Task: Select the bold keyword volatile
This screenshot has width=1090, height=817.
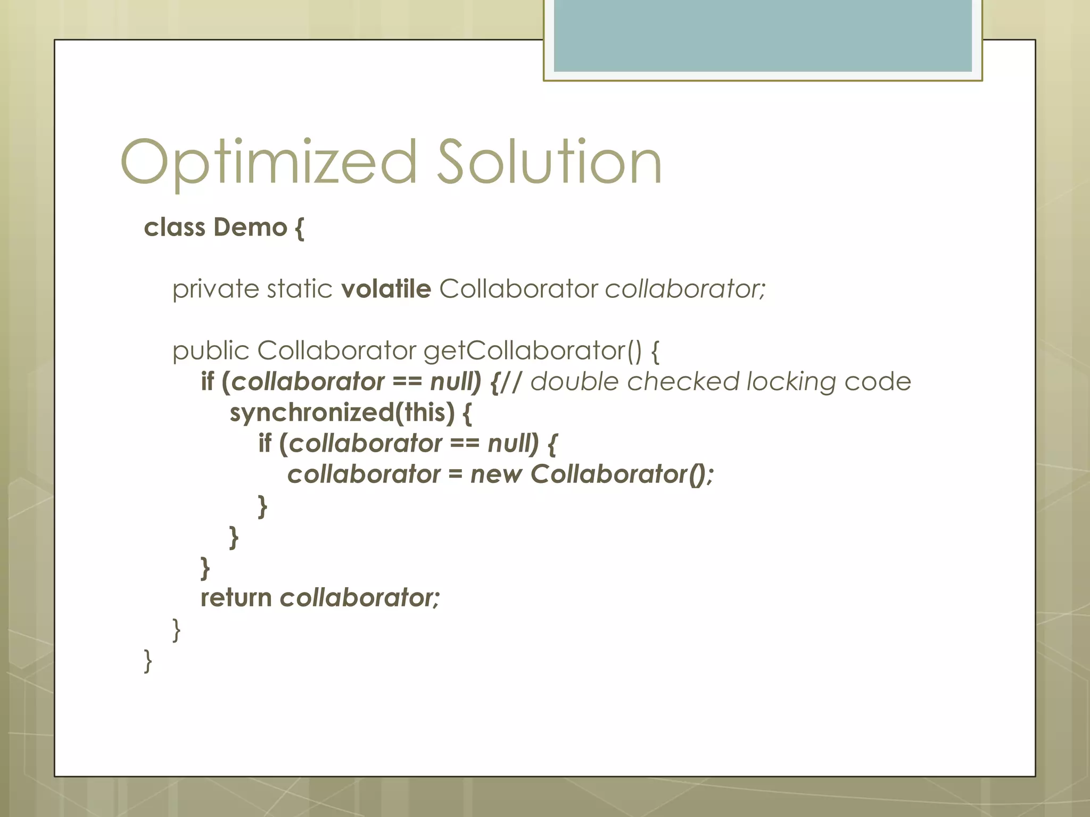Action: [386, 289]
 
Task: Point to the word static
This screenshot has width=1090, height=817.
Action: [300, 289]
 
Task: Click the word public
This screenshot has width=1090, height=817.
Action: [211, 351]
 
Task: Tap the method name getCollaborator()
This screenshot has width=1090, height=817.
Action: [532, 351]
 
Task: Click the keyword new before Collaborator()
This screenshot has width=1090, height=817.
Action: [496, 474]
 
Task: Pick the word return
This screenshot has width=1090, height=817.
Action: [236, 598]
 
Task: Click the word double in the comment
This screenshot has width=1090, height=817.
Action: [574, 382]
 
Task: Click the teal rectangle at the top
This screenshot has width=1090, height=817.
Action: [762, 35]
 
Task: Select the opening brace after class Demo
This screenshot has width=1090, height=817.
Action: [300, 228]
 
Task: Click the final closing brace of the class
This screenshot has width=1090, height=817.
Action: [148, 661]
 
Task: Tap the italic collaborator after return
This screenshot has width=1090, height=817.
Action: [360, 598]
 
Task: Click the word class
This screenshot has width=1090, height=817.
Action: [175, 227]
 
